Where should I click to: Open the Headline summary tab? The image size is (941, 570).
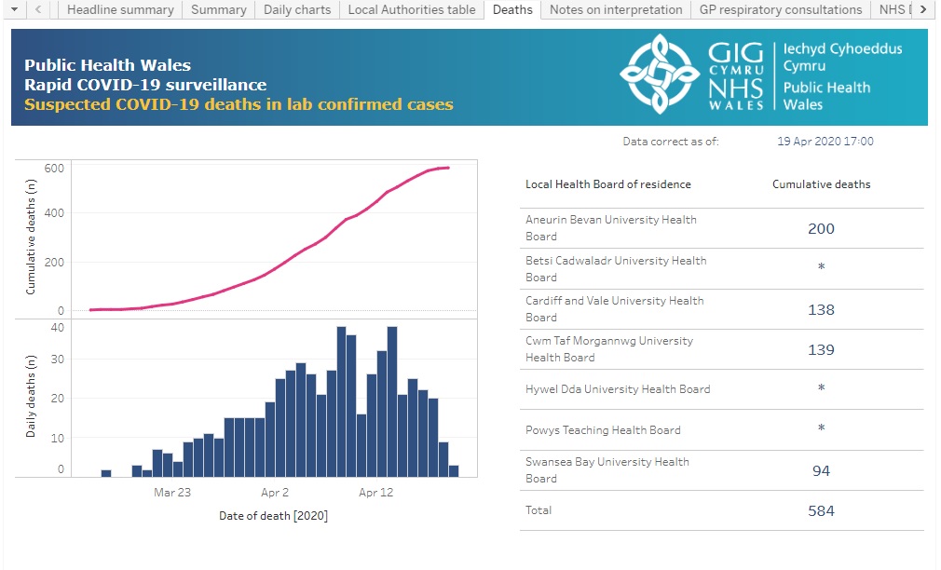(120, 9)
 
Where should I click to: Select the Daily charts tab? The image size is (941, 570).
(296, 9)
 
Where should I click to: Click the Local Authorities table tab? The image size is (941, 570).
(411, 9)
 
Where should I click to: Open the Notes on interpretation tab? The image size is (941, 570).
(615, 9)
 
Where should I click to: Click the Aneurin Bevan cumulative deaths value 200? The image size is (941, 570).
(821, 228)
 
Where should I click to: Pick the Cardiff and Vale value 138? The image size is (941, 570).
(821, 309)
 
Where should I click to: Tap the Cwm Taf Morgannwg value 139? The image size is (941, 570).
(821, 350)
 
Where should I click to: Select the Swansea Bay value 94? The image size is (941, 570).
(821, 470)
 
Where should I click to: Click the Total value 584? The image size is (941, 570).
(821, 510)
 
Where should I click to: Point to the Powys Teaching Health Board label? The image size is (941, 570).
(603, 430)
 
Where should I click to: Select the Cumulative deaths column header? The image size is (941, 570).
(821, 184)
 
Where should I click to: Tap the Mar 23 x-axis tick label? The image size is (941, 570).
(171, 492)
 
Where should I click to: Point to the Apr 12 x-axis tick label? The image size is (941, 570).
(375, 492)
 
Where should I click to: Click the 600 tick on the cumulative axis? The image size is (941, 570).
(53, 169)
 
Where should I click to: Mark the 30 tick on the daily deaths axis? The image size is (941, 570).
(58, 359)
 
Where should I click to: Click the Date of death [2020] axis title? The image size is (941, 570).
(273, 515)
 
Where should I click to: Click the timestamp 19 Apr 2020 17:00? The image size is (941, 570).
(825, 142)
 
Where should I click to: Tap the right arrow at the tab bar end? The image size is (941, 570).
(922, 9)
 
